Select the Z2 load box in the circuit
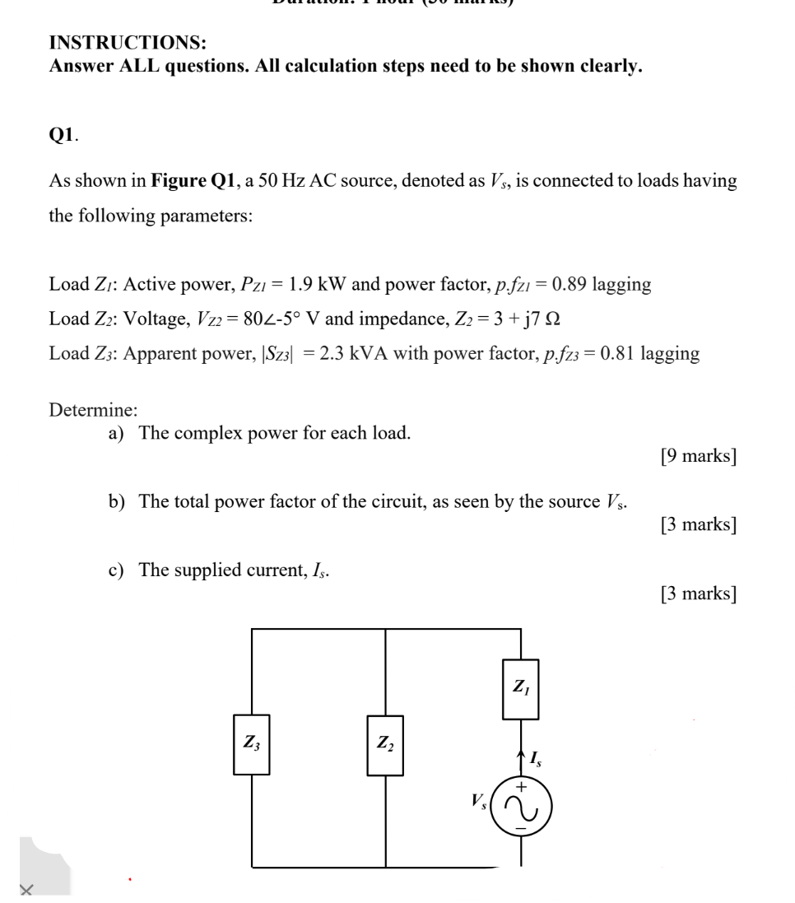(x=385, y=745)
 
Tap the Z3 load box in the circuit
(x=251, y=745)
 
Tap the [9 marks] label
(x=698, y=455)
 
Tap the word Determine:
(x=93, y=409)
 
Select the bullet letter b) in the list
(x=118, y=501)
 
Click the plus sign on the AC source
(x=520, y=787)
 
